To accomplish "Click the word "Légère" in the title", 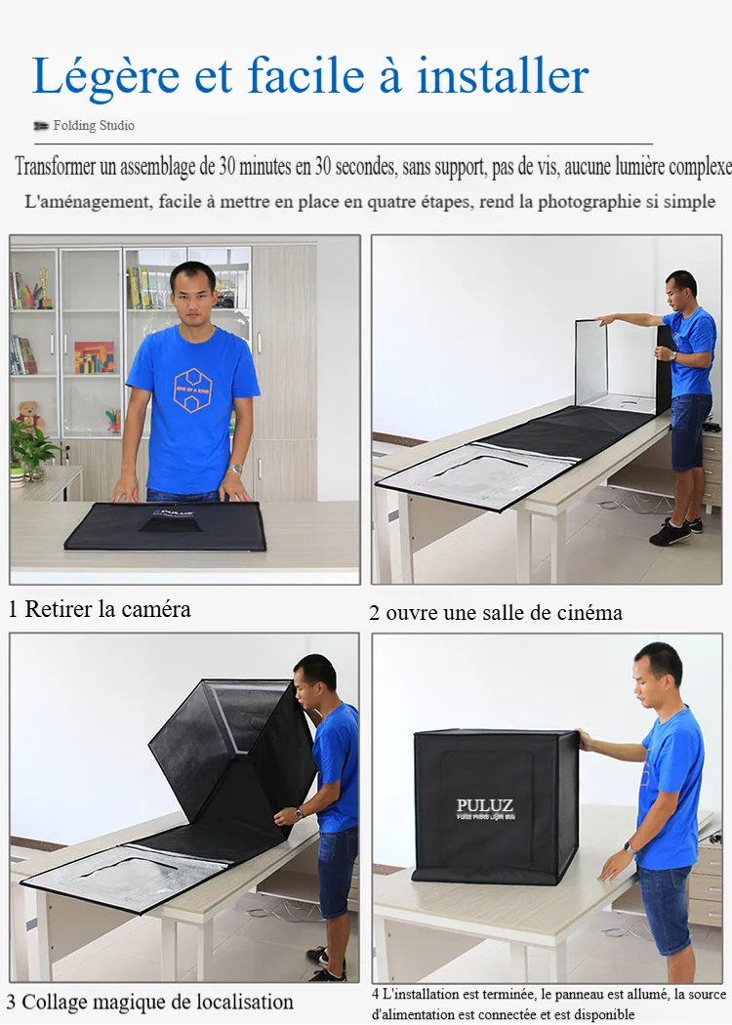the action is pyautogui.click(x=105, y=76).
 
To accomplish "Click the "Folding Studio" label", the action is pyautogui.click(x=94, y=126).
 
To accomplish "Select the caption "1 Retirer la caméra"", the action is pyautogui.click(x=100, y=608).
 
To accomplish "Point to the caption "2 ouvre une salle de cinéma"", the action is pyautogui.click(x=496, y=612).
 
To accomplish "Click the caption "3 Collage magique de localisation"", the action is pyautogui.click(x=149, y=1003).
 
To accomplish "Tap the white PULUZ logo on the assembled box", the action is pyautogui.click(x=485, y=804).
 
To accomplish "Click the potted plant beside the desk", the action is pyautogui.click(x=27, y=452).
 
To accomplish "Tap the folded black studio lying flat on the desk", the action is pyautogui.click(x=165, y=525).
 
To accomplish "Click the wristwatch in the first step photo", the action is pyautogui.click(x=235, y=469).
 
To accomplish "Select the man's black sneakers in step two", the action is pyautogui.click(x=673, y=531).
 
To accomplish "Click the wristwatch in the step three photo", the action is pyautogui.click(x=299, y=813).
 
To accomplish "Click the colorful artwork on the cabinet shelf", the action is pyautogui.click(x=94, y=357).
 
